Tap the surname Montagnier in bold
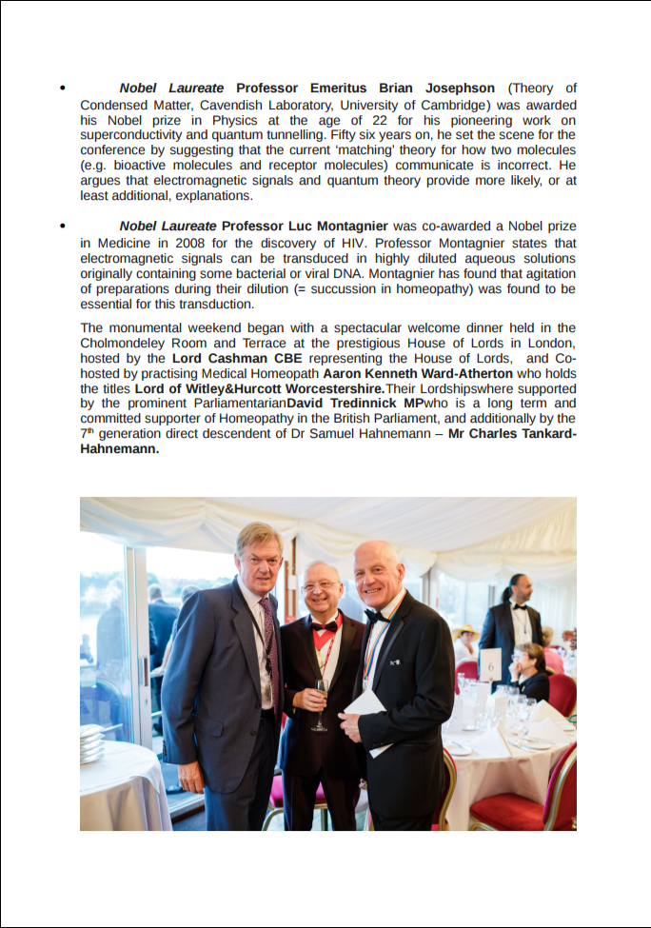[x=345, y=227]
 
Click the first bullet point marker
[x=63, y=89]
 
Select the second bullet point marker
[x=63, y=227]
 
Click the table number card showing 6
[x=490, y=664]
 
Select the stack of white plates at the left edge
[x=91, y=743]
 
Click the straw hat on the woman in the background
[x=467, y=630]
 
